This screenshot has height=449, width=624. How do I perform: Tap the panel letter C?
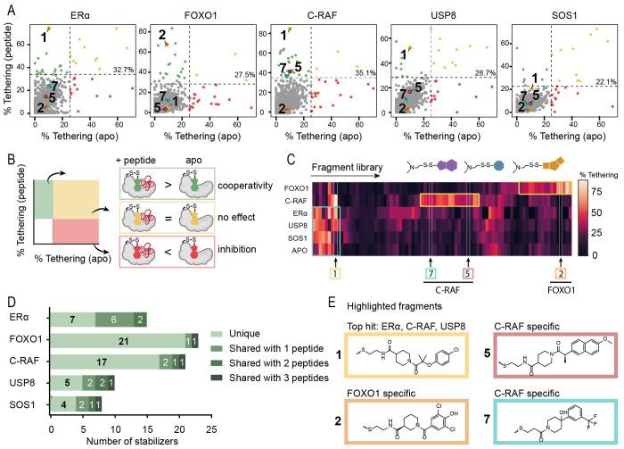click(x=291, y=162)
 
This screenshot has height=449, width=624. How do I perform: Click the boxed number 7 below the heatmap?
click(x=431, y=271)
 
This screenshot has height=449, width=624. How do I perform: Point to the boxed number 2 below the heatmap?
click(x=561, y=271)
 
